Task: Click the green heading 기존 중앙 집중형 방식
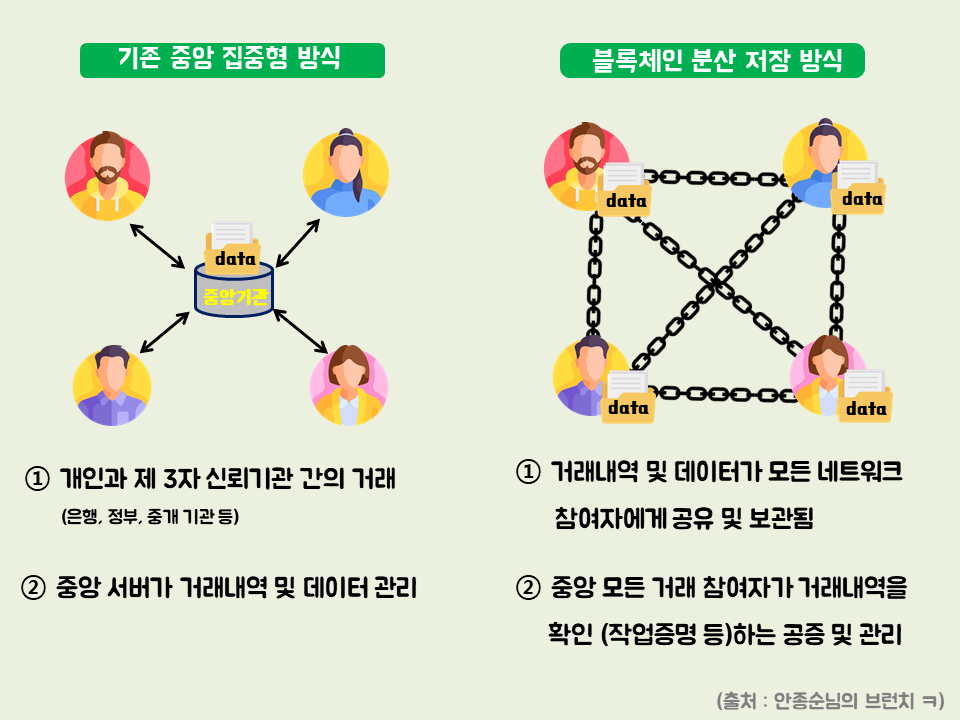[x=232, y=60]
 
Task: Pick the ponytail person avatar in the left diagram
[x=346, y=174]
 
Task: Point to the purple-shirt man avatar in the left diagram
[x=112, y=386]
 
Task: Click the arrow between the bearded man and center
[x=158, y=245]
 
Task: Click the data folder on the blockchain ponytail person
[x=859, y=189]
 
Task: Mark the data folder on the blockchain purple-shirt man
[x=628, y=398]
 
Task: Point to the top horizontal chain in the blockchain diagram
[x=714, y=178]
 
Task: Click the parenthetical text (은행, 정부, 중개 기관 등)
[x=150, y=517]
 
